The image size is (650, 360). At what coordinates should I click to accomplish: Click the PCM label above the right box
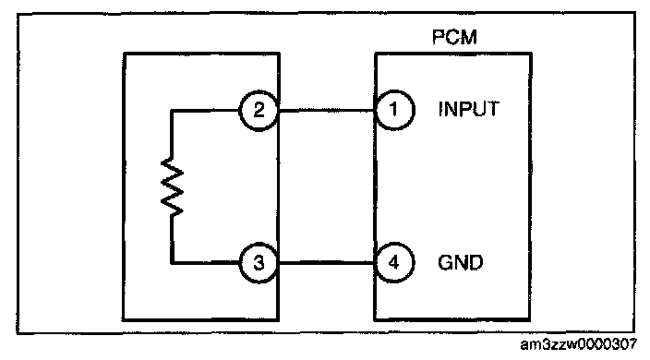point(454,37)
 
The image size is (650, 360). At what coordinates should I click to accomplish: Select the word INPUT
point(469,109)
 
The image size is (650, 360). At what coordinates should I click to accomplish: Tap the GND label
point(461,263)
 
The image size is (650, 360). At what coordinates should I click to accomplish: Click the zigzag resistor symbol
point(172,186)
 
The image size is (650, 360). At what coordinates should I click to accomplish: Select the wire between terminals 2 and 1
point(327,111)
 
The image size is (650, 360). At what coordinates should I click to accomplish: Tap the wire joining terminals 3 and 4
point(327,263)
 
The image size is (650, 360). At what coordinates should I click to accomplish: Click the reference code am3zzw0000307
point(578,344)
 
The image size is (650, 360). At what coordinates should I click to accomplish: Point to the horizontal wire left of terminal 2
point(205,111)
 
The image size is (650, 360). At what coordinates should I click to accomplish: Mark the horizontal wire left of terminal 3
point(205,263)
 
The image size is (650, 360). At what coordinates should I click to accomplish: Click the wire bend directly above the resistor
point(172,111)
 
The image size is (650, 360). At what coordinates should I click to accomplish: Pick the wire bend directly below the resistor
point(172,263)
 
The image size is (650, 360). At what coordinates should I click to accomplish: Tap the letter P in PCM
point(438,37)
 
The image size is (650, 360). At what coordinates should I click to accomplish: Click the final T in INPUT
point(493,109)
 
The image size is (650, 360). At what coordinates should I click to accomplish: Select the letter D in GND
point(476,263)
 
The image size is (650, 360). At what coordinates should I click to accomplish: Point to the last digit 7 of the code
point(632,344)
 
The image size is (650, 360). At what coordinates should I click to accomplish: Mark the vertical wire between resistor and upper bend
point(172,135)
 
